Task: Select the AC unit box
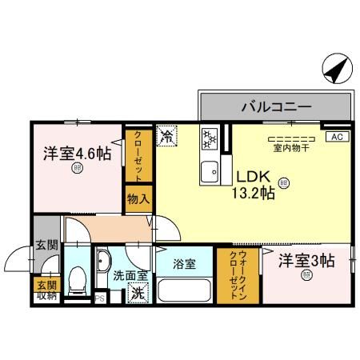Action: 336,137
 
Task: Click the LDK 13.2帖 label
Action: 254,185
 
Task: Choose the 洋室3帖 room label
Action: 306,262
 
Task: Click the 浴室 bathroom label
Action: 186,263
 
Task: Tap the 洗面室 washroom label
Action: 128,276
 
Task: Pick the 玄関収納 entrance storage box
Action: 46,290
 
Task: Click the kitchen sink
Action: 210,170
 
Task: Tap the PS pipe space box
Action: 101,299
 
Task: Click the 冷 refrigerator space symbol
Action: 167,136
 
